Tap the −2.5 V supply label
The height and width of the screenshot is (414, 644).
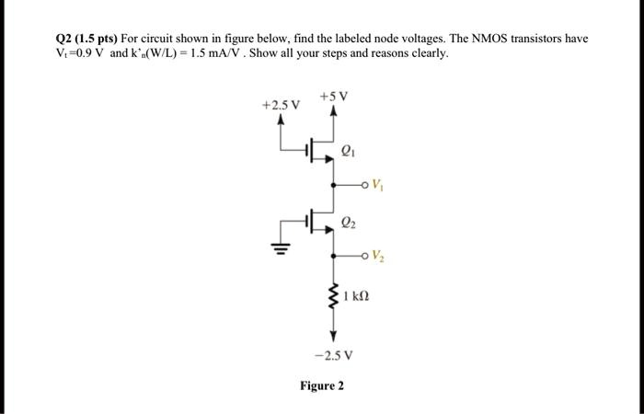334,353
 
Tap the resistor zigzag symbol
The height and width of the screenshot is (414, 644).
335,296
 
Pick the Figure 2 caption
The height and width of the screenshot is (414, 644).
322,385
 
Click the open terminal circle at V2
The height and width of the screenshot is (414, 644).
365,255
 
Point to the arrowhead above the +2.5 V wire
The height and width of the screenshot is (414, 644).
281,120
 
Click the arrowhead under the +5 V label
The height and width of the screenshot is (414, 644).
334,112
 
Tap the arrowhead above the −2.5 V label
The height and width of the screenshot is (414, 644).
334,335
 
